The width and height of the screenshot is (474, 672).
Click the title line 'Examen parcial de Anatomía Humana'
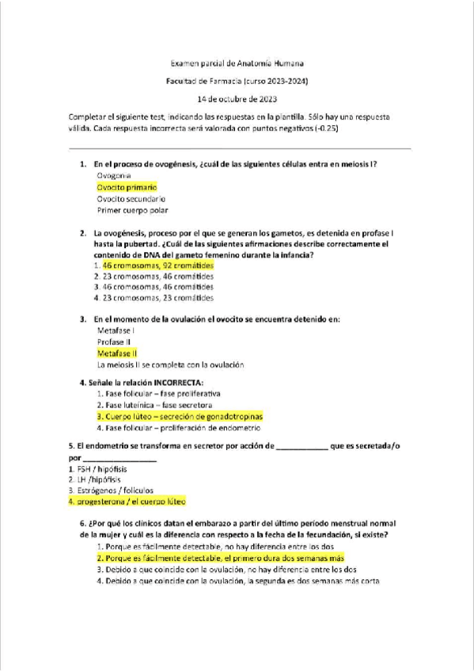tap(237, 63)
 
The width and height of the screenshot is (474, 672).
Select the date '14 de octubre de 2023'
tap(237, 98)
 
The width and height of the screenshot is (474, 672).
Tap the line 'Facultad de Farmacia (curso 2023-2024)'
tap(237, 81)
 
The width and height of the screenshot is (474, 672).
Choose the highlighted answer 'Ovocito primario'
tap(127, 186)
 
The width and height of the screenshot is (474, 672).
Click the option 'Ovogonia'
tap(114, 174)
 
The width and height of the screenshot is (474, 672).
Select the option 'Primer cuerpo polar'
tap(132, 211)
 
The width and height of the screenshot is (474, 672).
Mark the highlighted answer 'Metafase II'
tap(117, 352)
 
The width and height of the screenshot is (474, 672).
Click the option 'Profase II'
tap(115, 341)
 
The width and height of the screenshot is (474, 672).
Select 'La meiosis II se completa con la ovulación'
tap(170, 365)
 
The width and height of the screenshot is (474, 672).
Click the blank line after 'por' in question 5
tap(119, 458)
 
